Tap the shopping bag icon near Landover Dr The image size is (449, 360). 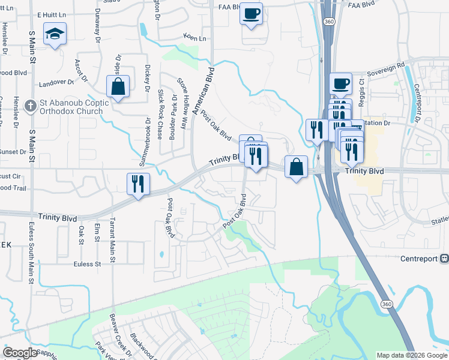pos(118,86)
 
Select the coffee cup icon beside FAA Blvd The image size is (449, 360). pos(251,12)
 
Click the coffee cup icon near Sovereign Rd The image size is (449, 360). pos(340,83)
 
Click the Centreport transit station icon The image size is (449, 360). pos(444,259)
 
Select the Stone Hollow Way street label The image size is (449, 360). pos(182,103)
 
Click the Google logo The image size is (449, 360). pos(20,353)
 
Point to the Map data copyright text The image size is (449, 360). pos(411,355)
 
